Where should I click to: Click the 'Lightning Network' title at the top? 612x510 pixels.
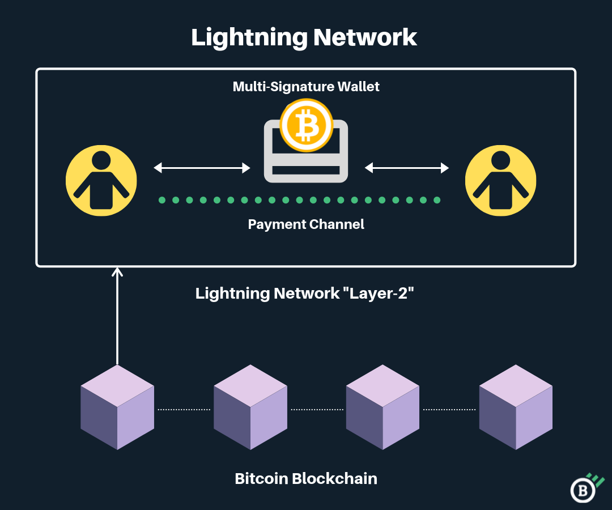point(304,37)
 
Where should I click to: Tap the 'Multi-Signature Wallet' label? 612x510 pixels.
point(306,87)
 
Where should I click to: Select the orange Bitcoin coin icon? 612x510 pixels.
point(306,125)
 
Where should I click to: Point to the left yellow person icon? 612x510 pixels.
point(101,180)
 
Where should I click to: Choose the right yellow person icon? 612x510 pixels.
point(500,180)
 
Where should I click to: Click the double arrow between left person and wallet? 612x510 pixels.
point(202,168)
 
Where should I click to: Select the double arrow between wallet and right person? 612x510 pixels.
point(407,168)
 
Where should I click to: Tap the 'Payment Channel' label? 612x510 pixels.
point(306,224)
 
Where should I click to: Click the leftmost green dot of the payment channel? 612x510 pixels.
point(162,200)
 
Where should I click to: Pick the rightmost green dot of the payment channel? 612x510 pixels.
point(437,200)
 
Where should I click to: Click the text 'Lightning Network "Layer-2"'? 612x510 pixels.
point(301,293)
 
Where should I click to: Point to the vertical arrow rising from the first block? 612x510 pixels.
point(117,317)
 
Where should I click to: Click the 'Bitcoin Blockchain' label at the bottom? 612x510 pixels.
point(306,478)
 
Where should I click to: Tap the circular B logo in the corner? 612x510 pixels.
point(584,489)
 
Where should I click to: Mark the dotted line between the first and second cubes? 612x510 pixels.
point(184,409)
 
